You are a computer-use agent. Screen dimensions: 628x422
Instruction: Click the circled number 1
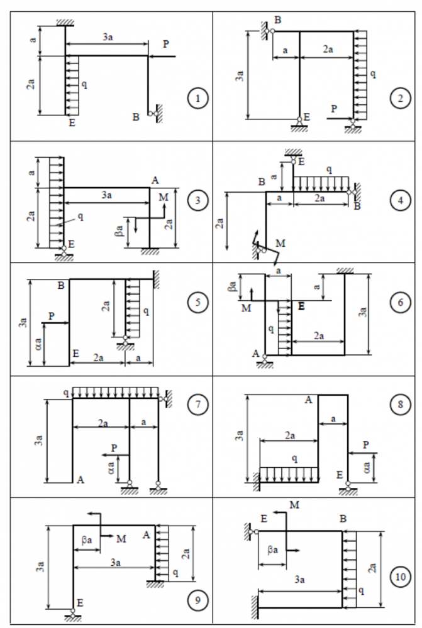click(198, 98)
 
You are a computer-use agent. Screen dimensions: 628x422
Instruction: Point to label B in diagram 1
click(136, 116)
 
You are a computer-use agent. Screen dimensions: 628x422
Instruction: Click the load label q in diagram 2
click(373, 73)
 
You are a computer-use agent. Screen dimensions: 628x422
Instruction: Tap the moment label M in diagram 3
click(164, 198)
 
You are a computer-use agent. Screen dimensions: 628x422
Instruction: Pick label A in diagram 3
click(154, 180)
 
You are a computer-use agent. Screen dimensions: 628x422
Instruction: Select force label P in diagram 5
click(52, 316)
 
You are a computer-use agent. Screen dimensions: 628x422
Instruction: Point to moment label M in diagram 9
click(121, 538)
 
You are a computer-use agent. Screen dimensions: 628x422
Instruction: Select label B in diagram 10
click(343, 519)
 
